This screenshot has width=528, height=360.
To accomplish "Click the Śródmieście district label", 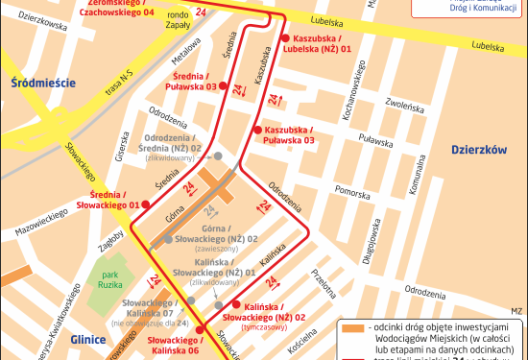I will (39, 84).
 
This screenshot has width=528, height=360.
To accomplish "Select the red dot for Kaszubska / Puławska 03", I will (256, 130).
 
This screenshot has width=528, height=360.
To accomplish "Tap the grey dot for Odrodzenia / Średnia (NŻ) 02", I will (219, 156).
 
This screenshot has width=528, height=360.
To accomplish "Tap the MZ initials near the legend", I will (516, 311).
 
